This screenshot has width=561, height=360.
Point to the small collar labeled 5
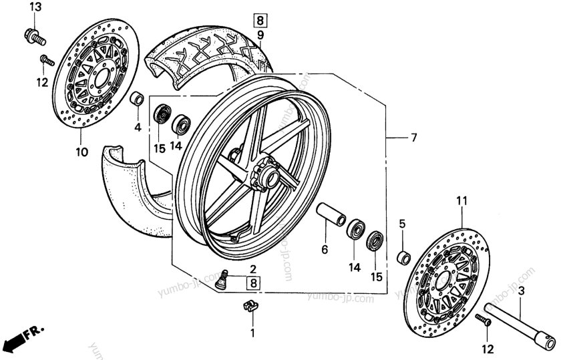pos(403,256)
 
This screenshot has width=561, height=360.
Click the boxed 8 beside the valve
pos(253,283)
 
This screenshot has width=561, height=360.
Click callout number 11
pos(461,200)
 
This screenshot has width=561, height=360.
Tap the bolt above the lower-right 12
pos(484,322)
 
